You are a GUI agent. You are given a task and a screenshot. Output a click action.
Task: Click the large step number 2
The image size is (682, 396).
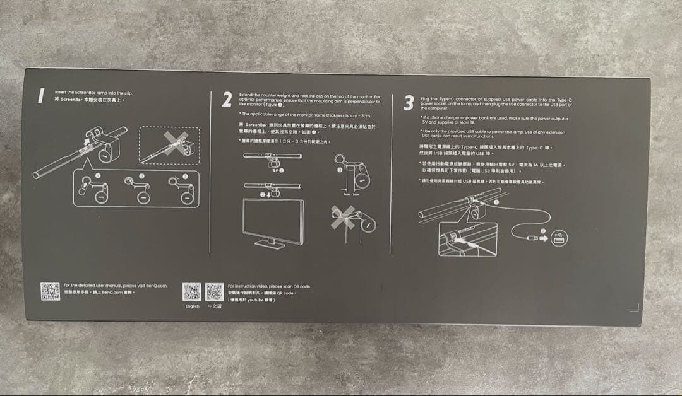click(x=227, y=100)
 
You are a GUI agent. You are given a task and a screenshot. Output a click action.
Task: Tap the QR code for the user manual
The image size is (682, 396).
click(x=50, y=291)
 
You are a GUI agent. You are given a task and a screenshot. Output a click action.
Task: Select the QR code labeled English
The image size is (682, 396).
click(x=191, y=292)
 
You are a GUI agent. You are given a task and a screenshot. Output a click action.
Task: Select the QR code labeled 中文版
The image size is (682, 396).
click(x=214, y=292)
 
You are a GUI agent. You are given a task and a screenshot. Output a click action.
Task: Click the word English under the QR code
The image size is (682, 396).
click(x=192, y=306)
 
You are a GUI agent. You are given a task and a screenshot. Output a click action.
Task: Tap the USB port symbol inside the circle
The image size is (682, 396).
click(x=558, y=237)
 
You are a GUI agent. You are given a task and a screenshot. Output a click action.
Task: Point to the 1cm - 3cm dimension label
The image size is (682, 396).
click(x=351, y=194)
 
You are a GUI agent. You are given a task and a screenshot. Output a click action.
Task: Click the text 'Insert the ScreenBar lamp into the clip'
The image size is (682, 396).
click(x=93, y=92)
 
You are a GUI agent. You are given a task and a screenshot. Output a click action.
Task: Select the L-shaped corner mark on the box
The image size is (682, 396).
click(x=635, y=308)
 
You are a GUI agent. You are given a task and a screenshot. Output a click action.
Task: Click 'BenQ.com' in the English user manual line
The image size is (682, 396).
click(x=154, y=286)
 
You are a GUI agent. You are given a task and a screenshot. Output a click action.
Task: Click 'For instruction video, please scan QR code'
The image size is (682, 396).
click(x=268, y=286)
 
